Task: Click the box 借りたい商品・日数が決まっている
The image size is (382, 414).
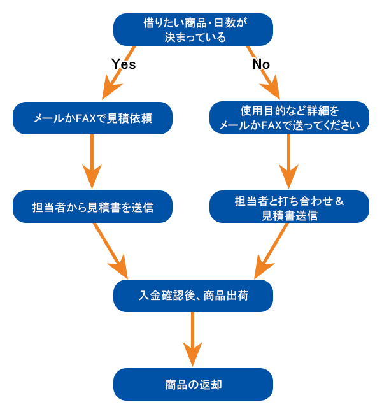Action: click(193, 30)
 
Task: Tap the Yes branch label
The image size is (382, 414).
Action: click(124, 64)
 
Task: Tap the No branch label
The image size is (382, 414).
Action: click(261, 64)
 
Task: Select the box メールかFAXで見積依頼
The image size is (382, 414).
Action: click(93, 118)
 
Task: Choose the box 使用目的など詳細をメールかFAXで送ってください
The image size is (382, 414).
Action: click(289, 118)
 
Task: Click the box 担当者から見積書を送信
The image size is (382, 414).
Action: click(93, 206)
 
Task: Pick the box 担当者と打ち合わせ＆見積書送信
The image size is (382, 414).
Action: click(289, 207)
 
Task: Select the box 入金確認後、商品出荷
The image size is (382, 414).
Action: click(193, 296)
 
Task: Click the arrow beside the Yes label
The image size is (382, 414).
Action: click(118, 73)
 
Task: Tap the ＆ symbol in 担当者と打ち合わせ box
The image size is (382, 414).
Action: click(339, 201)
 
